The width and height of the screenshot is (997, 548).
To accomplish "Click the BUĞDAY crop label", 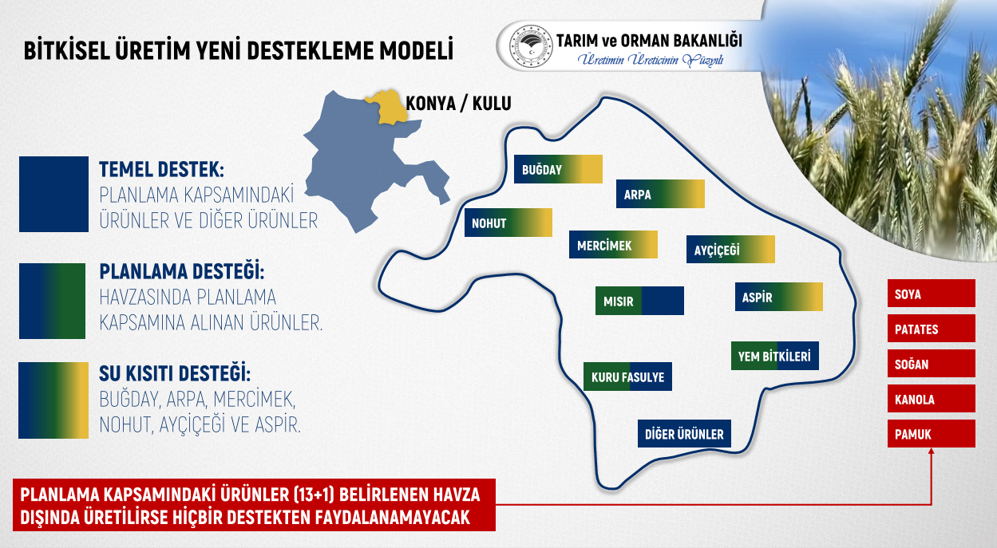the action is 558,169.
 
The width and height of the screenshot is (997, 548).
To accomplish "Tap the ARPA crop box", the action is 660,194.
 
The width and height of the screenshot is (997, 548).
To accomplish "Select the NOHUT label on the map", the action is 508,223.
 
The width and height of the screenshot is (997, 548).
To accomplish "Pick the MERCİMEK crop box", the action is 613,245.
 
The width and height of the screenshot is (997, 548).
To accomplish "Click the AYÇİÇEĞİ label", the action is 730,250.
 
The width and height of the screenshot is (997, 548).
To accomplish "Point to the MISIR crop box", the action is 639,301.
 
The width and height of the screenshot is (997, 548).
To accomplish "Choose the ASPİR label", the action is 779,297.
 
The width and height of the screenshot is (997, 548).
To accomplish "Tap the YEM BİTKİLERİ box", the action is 775,356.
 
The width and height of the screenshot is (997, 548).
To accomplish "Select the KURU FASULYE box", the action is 627,377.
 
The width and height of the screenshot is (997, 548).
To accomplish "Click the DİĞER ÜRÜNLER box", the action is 684,434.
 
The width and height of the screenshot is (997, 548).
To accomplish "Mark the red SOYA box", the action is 931,293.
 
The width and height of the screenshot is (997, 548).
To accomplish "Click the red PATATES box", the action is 931,329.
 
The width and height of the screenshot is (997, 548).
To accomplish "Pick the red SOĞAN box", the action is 931,364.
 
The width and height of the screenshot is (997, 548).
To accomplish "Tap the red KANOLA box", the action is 931,399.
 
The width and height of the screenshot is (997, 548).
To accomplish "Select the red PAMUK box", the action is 931,434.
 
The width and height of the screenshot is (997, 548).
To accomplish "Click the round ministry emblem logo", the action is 531,47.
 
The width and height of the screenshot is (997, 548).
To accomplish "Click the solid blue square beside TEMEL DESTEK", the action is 53,194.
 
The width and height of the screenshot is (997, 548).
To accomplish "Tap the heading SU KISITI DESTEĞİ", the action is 175,373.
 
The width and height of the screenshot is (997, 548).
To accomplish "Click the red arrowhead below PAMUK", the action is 931,451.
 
